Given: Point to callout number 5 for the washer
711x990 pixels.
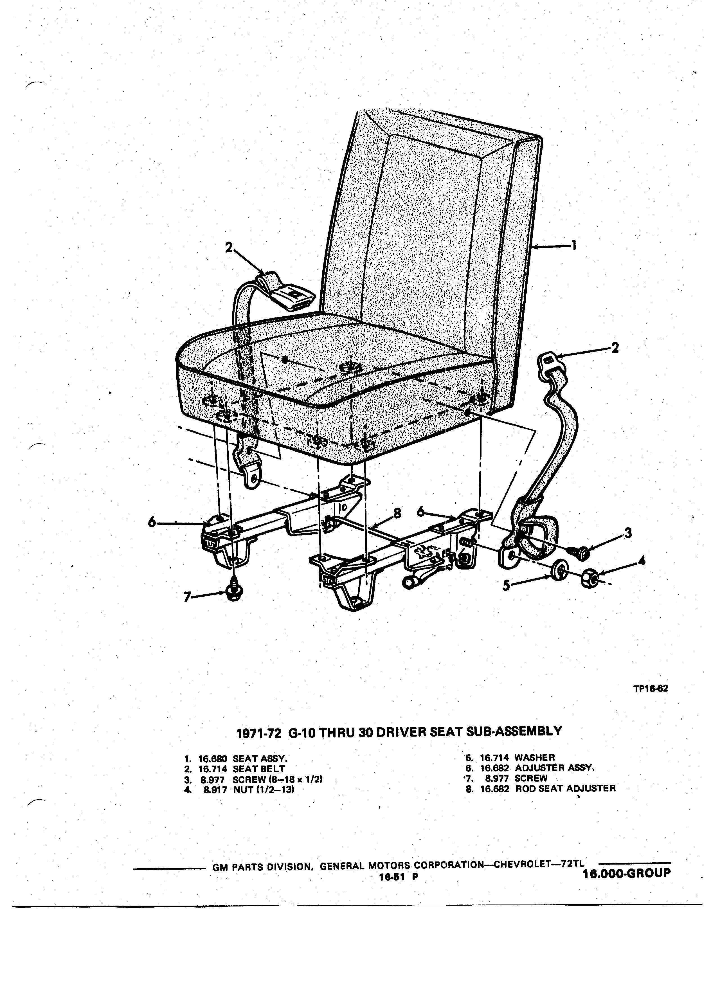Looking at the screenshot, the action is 506,585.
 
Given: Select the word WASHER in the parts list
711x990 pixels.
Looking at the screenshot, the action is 535,757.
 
